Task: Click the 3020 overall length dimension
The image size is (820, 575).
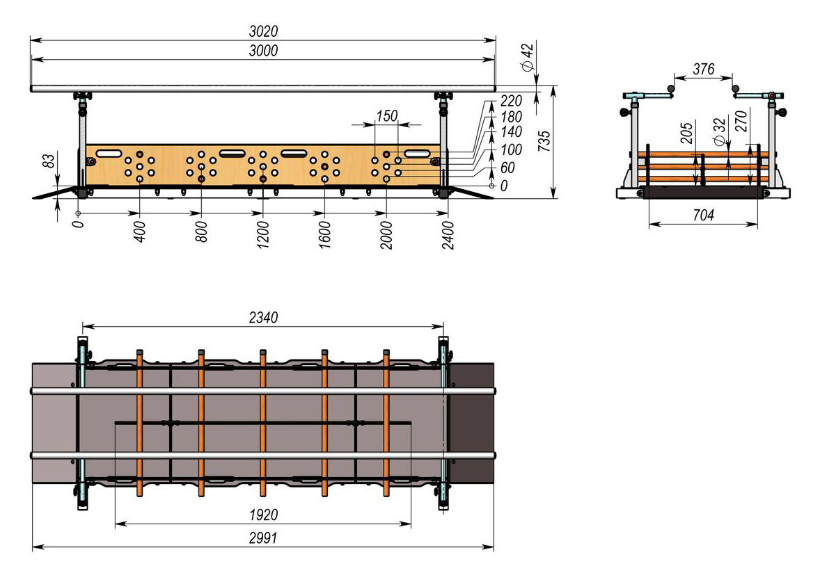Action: coord(263,31)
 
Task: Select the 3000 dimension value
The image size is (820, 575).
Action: coord(263,51)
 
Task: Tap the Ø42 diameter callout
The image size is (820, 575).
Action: coord(528,58)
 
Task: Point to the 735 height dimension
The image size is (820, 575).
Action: coord(544,141)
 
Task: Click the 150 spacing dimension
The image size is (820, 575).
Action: coord(387,116)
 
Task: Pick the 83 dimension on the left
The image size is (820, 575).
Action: coord(48,161)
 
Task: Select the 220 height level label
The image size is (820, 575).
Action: coord(511,101)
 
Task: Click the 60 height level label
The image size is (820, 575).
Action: coord(507,168)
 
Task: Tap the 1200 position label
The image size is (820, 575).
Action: coord(263,234)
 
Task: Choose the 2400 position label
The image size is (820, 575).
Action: coord(448,235)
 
